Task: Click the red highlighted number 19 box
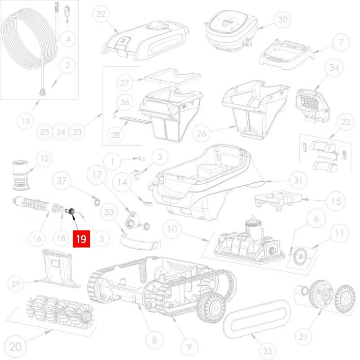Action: (x=81, y=239)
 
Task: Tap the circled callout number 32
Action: (x=101, y=14)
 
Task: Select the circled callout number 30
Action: (x=283, y=20)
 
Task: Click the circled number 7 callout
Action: (x=341, y=42)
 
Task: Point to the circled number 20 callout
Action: (x=16, y=346)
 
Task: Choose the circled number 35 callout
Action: (x=268, y=351)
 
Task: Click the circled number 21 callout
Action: (x=303, y=337)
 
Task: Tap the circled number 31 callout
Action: (x=298, y=180)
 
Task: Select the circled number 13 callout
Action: (x=26, y=121)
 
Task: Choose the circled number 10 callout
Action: (x=172, y=229)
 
